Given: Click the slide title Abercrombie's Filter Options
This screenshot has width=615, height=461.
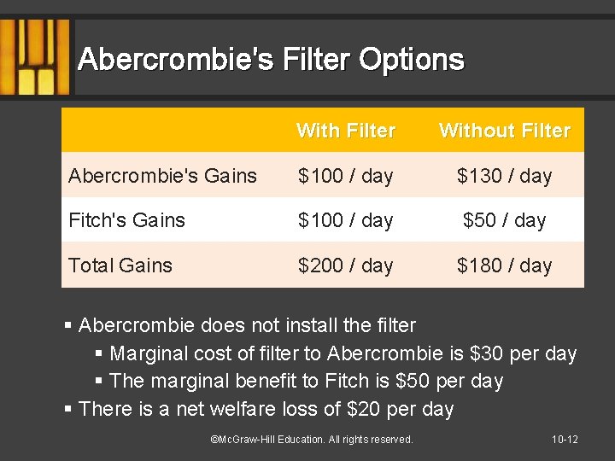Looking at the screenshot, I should coord(271,60).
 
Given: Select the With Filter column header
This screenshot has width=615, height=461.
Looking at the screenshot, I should coord(346,131).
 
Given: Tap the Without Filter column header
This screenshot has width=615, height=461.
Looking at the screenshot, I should coord(504,131).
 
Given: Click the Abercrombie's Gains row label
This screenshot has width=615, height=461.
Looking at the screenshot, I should coord(162,176).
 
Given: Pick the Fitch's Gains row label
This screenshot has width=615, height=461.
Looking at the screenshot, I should coord(126,220).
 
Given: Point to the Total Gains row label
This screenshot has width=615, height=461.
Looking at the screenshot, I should coord(120,266).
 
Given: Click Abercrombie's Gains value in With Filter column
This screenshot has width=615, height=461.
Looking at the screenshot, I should coord(346,176).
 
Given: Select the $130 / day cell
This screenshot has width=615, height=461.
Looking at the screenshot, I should coord(504,176).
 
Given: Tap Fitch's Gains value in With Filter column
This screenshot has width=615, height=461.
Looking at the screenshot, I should coord(346,220).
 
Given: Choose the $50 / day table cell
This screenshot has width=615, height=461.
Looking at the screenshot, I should coord(504,220).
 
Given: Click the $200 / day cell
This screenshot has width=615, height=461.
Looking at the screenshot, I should coord(346,266).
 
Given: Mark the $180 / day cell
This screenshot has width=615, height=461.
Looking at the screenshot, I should coord(504,266).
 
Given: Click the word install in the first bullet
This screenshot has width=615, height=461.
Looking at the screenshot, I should coord(302,325).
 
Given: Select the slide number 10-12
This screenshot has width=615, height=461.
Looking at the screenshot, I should coord(565,439).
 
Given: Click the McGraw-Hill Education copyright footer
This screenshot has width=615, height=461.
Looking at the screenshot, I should coord(311,439).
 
